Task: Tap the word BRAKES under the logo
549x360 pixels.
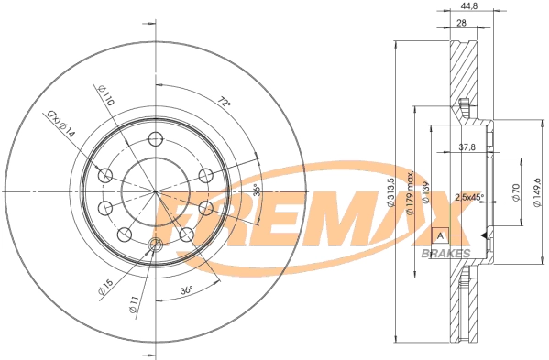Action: coord(447,253)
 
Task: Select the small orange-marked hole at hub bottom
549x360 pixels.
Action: coord(155,243)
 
